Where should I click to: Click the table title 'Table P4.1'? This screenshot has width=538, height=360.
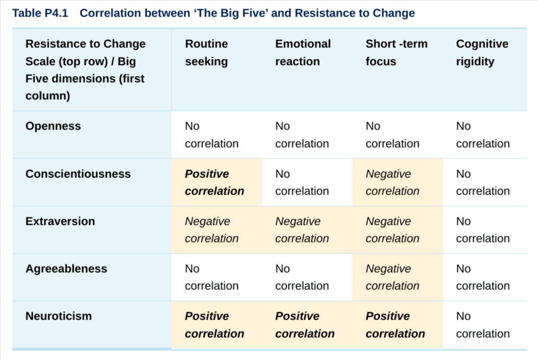[40, 13]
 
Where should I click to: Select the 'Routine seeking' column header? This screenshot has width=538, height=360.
[207, 52]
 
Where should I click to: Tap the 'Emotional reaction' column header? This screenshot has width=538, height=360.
[303, 52]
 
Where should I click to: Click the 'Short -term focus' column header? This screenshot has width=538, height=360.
[396, 52]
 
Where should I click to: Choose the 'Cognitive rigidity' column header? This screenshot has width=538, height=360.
[482, 52]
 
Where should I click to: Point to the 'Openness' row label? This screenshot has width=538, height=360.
[53, 126]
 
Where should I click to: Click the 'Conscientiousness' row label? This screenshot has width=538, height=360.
[78, 174]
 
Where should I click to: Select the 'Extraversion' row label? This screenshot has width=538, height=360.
[60, 221]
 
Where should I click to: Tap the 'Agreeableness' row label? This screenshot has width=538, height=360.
[66, 269]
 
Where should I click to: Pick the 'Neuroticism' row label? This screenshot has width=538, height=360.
[58, 316]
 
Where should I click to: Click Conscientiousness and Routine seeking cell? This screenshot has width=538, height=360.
[214, 183]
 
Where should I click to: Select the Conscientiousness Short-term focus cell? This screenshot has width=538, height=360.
[392, 183]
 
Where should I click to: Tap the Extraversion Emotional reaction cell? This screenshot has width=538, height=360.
[302, 230]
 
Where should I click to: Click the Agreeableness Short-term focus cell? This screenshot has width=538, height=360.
[392, 277]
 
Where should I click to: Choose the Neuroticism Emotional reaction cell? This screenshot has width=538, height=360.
[305, 325]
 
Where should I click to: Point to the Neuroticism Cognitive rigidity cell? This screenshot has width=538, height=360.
[483, 325]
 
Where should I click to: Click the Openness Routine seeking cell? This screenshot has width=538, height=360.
[212, 135]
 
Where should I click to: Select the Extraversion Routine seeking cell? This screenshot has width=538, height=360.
[212, 230]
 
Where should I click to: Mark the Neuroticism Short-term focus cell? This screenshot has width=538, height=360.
[395, 325]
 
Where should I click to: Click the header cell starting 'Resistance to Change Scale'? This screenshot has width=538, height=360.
[85, 70]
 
